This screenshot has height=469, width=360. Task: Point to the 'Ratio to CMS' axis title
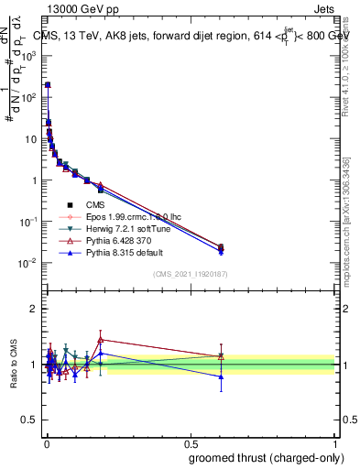point(14,365)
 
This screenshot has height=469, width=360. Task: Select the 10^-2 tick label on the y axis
point(29,263)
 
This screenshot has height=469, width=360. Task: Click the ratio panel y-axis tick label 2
point(33,309)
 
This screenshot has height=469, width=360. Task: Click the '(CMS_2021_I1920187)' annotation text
point(191,275)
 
